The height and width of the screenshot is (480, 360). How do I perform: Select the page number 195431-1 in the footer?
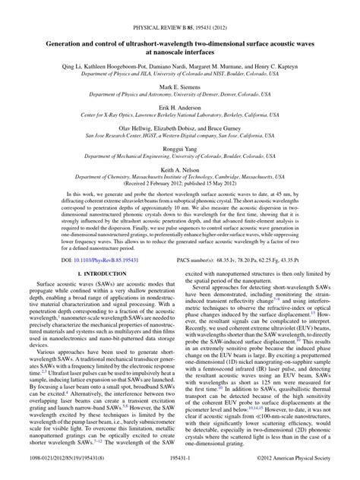(x=179, y=472)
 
